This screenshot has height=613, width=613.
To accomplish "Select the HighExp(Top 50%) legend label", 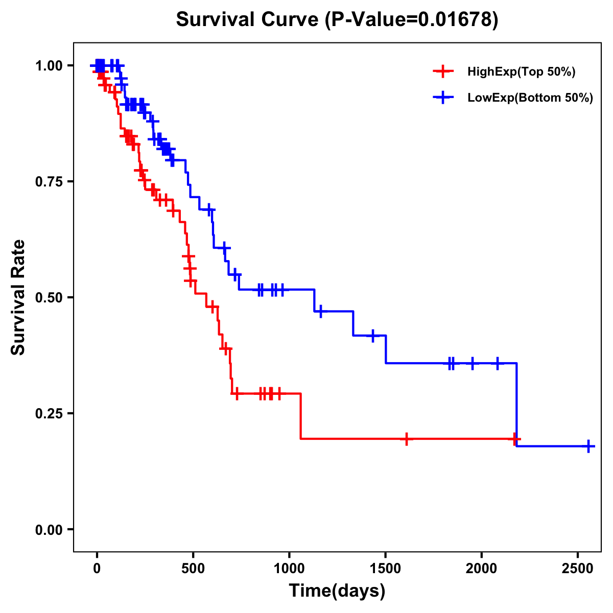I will pyautogui.click(x=521, y=72).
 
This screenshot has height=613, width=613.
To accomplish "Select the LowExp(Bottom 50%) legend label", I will pyautogui.click(x=530, y=98).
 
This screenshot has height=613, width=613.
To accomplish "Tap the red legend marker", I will pyautogui.click(x=443, y=72).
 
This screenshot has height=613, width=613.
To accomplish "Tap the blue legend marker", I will pyautogui.click(x=443, y=98).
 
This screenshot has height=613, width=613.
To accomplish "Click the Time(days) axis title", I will pyautogui.click(x=337, y=591).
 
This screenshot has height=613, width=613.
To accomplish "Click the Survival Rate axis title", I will pyautogui.click(x=18, y=297).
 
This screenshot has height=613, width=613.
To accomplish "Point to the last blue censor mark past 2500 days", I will pyautogui.click(x=588, y=446).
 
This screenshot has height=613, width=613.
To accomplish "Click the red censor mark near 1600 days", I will pyautogui.click(x=406, y=439).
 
